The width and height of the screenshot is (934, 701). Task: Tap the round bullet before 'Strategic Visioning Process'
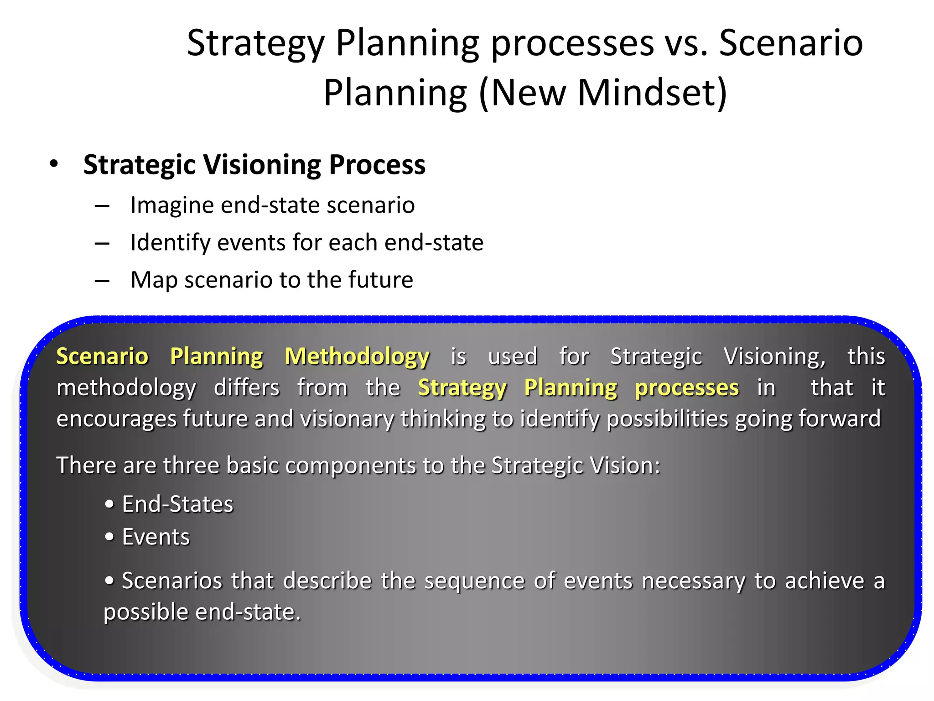click(x=54, y=164)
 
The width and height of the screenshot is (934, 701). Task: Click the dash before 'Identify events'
click(x=102, y=243)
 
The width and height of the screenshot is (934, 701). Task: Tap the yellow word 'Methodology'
click(x=357, y=357)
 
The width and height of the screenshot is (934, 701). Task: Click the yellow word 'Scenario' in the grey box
click(x=102, y=356)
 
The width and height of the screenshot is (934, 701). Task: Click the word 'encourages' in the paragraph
click(x=116, y=419)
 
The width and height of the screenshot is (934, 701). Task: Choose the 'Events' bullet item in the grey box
click(x=156, y=537)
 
